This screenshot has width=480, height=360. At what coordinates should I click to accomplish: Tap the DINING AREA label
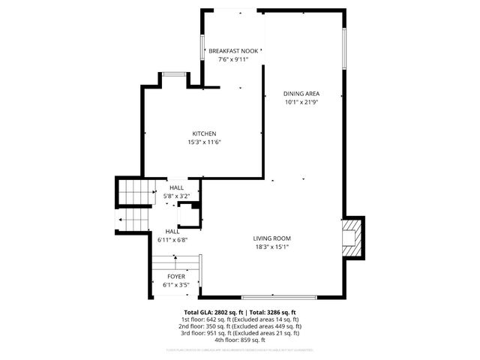click(301, 94)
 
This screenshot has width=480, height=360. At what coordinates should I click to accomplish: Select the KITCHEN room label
click(204, 133)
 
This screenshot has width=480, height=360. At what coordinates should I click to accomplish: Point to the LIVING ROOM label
click(271, 238)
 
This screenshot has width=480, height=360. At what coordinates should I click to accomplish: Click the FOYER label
click(176, 277)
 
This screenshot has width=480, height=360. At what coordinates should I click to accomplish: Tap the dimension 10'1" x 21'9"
click(301, 102)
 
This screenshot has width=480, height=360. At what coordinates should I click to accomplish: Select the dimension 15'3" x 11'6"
click(204, 142)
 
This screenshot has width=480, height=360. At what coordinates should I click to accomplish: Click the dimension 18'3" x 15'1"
click(271, 247)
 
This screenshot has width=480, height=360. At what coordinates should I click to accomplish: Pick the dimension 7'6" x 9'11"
click(233, 59)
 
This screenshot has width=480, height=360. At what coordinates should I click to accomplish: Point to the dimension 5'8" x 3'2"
click(177, 196)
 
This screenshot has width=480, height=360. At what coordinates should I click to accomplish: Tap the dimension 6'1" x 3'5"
click(176, 285)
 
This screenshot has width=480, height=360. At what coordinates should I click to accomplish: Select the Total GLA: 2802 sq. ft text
click(211, 312)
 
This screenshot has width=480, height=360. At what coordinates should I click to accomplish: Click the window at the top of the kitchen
click(174, 73)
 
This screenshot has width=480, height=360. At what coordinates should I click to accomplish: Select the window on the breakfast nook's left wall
click(202, 51)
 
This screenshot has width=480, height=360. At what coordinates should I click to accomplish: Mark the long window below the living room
click(274, 296)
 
